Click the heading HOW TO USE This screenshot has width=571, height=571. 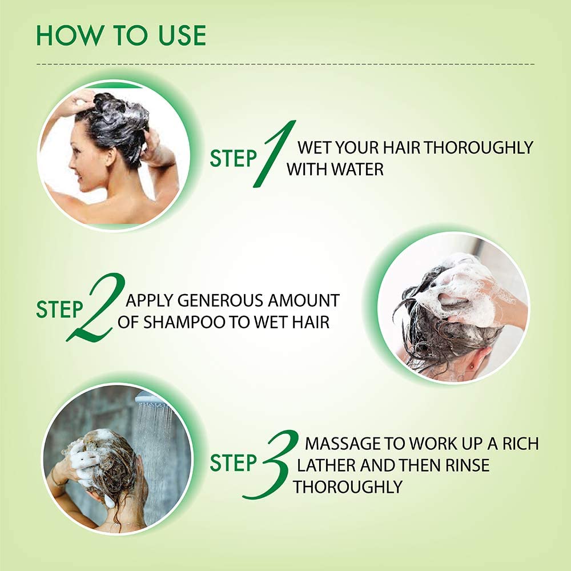[121, 35]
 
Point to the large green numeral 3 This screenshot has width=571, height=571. [271, 464]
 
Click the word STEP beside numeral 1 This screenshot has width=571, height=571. [233, 158]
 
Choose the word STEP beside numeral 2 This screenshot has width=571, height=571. [59, 309]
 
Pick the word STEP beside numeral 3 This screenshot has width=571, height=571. [233, 463]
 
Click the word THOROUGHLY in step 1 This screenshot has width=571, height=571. [478, 147]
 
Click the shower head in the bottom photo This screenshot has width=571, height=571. [151, 399]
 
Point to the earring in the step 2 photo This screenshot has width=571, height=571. [473, 364]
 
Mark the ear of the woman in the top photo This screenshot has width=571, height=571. [110, 156]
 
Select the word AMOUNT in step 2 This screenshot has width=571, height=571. [304, 300]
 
